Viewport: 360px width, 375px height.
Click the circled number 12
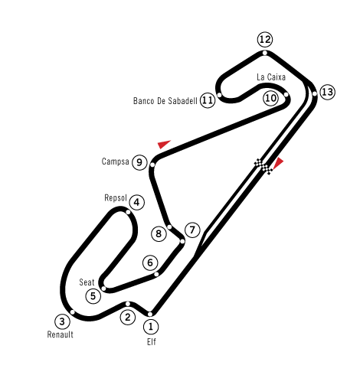pyautogui.click(x=265, y=40)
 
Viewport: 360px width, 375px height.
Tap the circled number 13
pyautogui.click(x=327, y=92)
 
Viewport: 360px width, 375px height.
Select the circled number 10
pyautogui.click(x=270, y=98)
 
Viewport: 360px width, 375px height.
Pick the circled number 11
pyautogui.click(x=208, y=100)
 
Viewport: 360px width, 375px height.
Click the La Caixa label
pyautogui.click(x=271, y=77)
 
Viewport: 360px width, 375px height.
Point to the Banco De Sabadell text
pyautogui.click(x=165, y=101)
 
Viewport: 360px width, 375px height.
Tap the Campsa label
pyautogui.click(x=115, y=161)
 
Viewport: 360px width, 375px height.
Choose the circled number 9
pyautogui.click(x=139, y=162)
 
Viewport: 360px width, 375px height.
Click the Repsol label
pyautogui.click(x=116, y=198)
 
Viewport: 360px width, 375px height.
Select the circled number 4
pyautogui.click(x=137, y=203)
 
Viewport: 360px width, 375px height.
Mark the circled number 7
pyautogui.click(x=192, y=230)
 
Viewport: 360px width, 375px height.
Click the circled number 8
pyautogui.click(x=159, y=233)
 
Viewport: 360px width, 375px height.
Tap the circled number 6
pyautogui.click(x=150, y=262)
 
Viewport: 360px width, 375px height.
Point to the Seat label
pyautogui.click(x=87, y=282)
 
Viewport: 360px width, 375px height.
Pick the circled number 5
pyautogui.click(x=93, y=296)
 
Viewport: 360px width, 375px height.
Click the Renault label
pyautogui.click(x=61, y=334)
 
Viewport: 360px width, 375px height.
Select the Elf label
pyautogui.click(x=151, y=342)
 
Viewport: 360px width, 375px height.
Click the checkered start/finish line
pyautogui.click(x=263, y=166)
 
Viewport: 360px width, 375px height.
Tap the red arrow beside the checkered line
pyautogui.click(x=278, y=163)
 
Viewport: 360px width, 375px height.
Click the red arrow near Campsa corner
pyautogui.click(x=164, y=144)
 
